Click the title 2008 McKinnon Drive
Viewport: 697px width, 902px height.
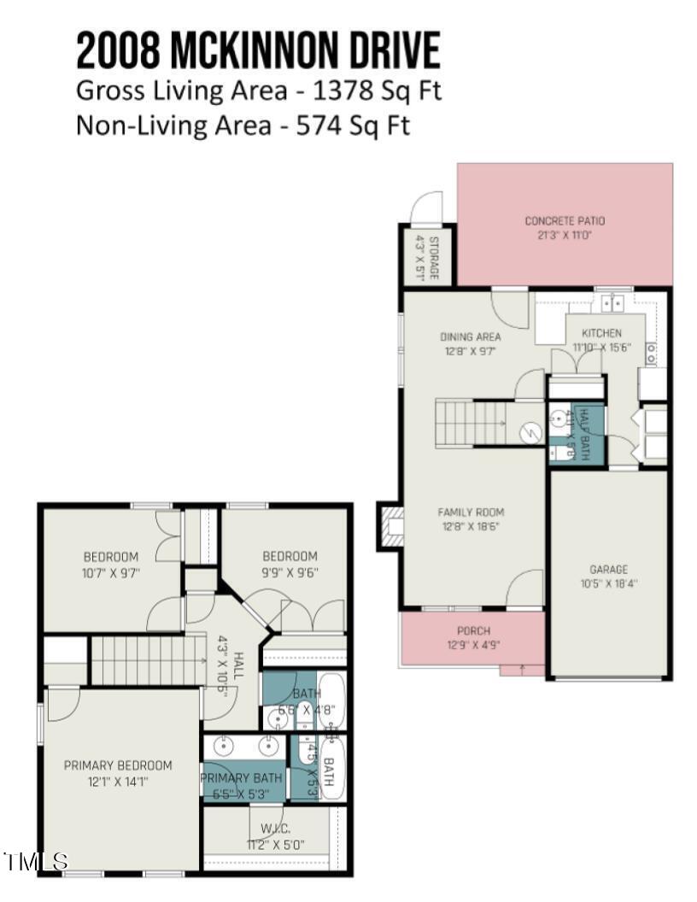[258, 50]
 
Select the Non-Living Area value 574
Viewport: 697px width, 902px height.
[318, 126]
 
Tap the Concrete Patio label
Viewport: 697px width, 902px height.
[565, 221]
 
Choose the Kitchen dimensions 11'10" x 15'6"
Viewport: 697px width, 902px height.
[601, 347]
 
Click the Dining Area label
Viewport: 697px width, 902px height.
[470, 337]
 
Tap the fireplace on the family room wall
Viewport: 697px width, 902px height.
[390, 527]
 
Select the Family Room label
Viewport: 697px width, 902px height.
[471, 512]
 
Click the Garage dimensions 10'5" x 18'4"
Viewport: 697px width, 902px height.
[608, 583]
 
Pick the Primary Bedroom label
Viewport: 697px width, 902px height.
[118, 765]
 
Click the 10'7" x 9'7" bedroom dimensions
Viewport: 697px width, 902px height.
[111, 572]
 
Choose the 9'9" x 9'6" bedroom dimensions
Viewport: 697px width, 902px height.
[290, 572]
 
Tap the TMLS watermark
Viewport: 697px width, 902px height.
[36, 861]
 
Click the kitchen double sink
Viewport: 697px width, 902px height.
[612, 302]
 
